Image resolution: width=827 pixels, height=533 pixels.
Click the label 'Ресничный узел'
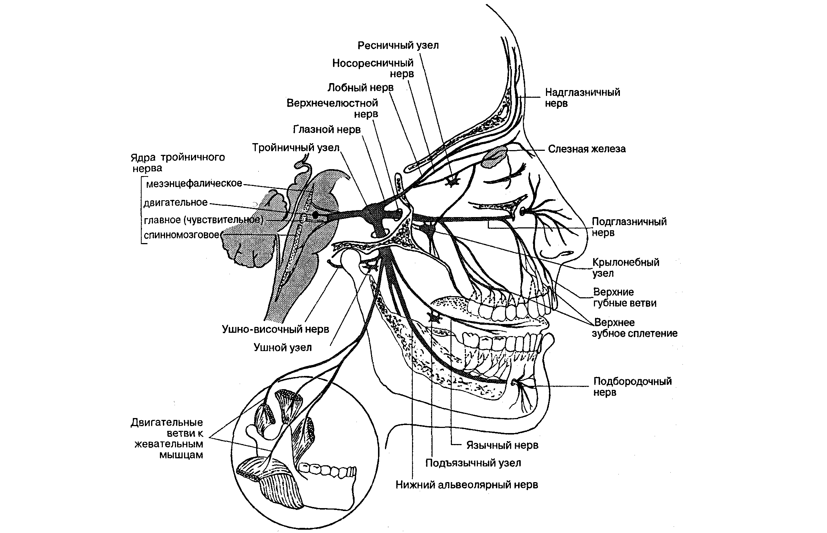pos(398,45)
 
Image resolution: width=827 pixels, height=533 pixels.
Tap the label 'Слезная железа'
pos(587,149)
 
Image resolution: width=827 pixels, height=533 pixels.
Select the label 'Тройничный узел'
pos(296,148)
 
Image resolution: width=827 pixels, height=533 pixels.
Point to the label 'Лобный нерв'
pos(360,87)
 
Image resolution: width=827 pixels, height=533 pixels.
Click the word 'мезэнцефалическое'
pos(194,183)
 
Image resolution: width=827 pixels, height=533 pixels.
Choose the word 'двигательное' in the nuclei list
pos(176,202)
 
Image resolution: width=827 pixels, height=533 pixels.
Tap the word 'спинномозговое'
pos(182,235)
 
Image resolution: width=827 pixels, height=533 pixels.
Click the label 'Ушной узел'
pos(282,347)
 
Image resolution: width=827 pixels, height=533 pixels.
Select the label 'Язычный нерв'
pos(502,445)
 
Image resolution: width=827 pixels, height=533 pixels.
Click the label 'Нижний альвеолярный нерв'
pos(467,485)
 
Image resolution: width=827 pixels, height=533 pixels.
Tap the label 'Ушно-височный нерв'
pos(275,329)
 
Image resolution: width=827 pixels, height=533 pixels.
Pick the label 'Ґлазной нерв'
pos(327,130)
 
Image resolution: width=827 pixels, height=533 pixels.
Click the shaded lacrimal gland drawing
pos(494,157)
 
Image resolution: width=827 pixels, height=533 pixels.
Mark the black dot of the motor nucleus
pos(315,215)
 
